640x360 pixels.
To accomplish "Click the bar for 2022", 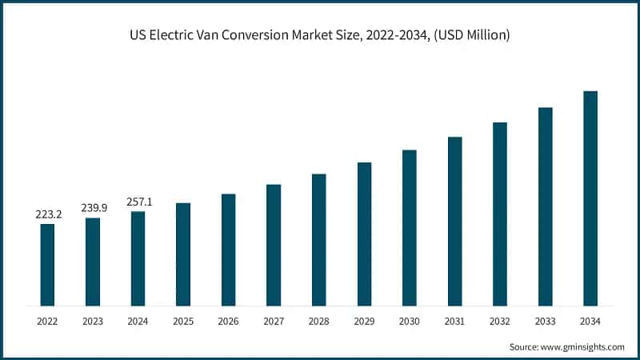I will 47,265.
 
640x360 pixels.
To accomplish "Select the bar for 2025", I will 183,254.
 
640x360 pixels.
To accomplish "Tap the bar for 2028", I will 318,240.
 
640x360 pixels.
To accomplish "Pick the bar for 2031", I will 454,222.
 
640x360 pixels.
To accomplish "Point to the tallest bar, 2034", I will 590,198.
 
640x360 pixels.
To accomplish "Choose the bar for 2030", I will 410,228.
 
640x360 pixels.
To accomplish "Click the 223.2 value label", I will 47,214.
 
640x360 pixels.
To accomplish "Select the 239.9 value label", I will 93,207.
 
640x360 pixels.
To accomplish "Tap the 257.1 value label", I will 138,202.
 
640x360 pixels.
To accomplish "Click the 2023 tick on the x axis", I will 93,322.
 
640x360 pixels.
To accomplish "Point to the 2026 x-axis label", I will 228,322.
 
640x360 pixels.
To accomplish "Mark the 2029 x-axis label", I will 364,322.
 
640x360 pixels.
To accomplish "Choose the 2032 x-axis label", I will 500,322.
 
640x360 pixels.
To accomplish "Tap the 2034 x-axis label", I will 590,322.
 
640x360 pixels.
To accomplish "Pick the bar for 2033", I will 546,206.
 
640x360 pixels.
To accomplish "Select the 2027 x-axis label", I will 274,322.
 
